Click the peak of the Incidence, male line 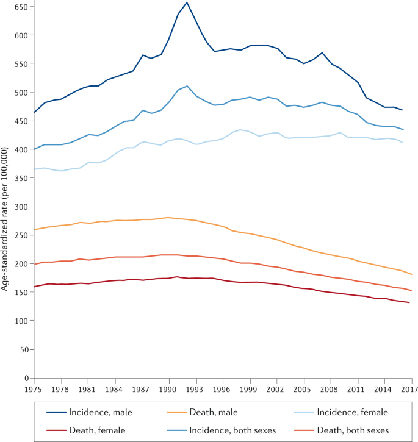pos(187,2)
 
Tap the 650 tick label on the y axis pos(21,7)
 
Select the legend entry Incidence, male pos(89,412)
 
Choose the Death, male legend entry pos(202,412)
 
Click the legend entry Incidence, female pos(341,412)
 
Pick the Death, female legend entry pos(86,430)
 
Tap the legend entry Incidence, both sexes pos(222,430)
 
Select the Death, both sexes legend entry pos(342,430)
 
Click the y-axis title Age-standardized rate pos(4,219)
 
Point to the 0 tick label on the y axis pos(26,378)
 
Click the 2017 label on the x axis pos(409,390)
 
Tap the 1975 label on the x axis pos(33,390)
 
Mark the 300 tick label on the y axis pos(21,207)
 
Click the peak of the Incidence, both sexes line pos(187,86)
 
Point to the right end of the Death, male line pos(412,274)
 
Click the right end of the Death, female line pos(409,302)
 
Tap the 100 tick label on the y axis pos(21,321)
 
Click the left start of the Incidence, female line pos(34,169)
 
